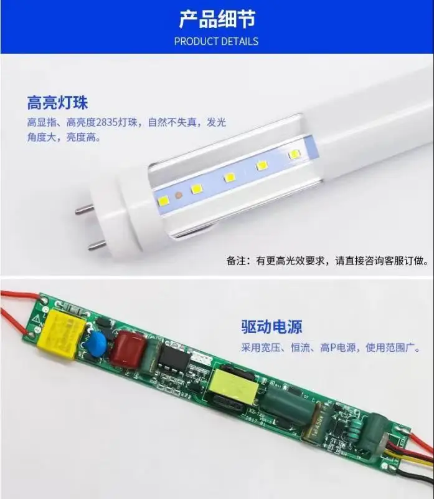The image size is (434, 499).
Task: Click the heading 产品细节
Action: [x=217, y=19]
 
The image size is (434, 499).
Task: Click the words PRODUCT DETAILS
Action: [x=216, y=41]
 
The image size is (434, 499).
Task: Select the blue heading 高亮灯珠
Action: [x=57, y=102]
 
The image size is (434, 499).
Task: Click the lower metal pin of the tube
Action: [x=97, y=245]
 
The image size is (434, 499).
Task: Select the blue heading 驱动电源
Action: [x=271, y=326]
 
